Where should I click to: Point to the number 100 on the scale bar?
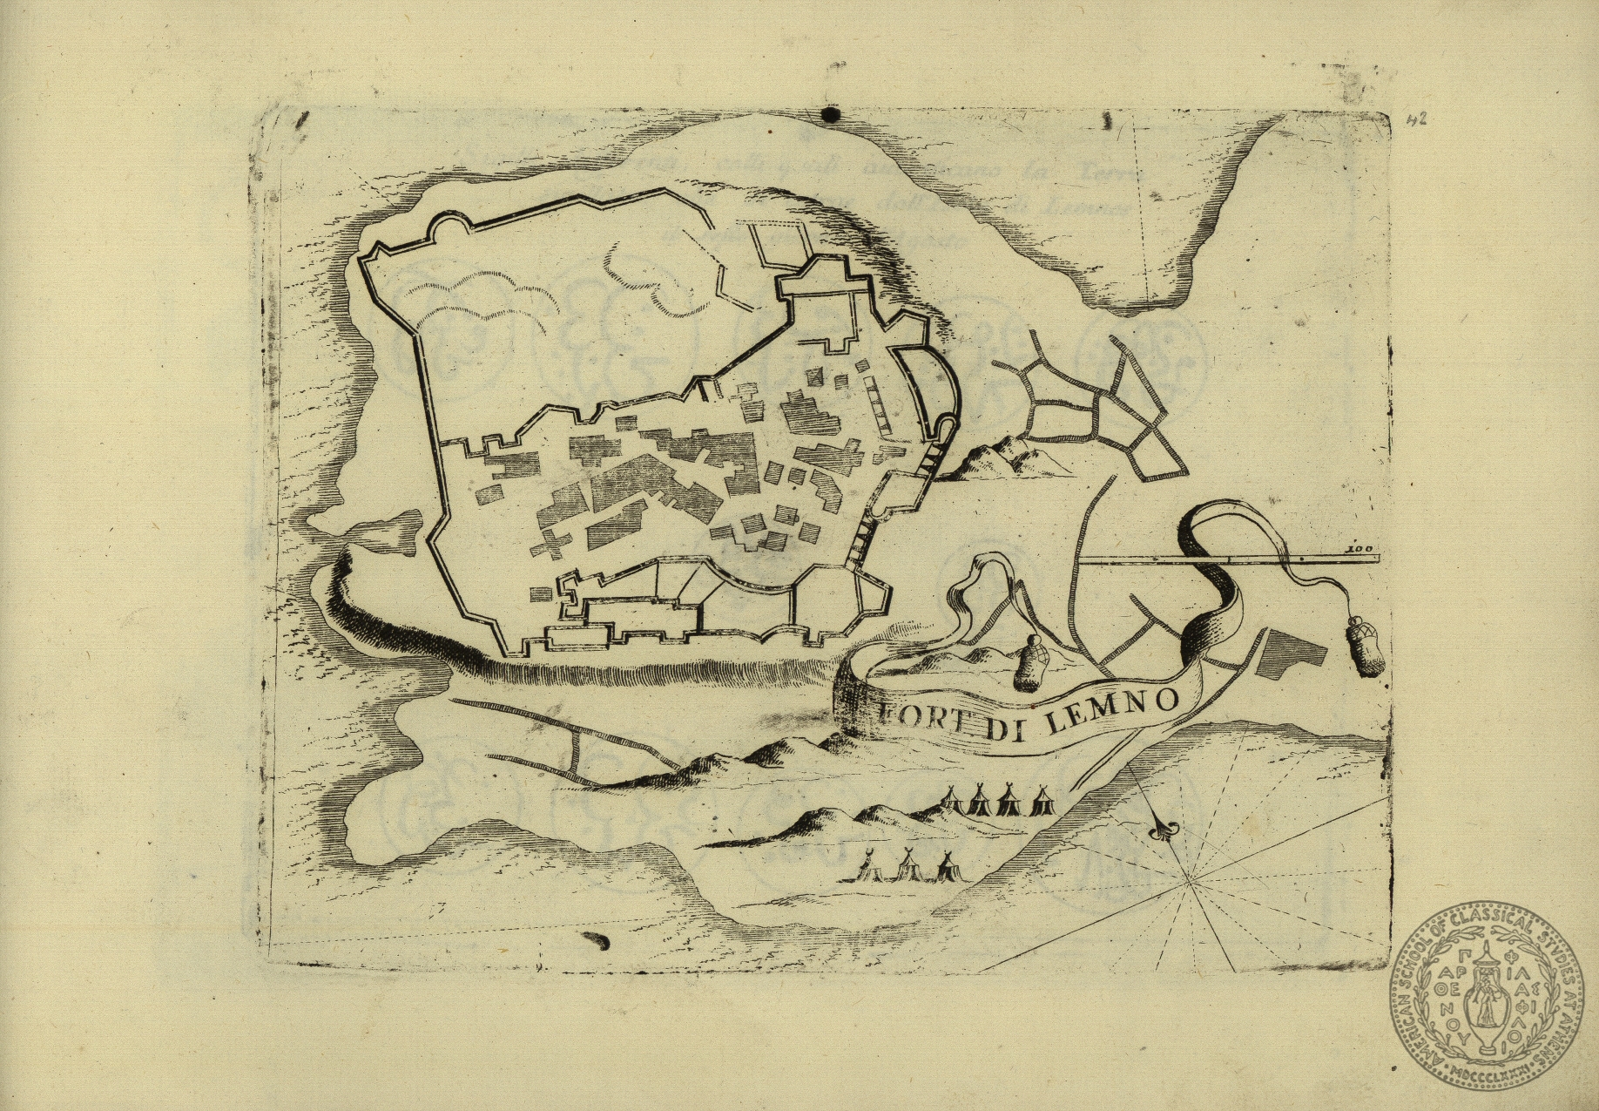[x=1358, y=550]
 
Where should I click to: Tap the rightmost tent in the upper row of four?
[x=1041, y=799]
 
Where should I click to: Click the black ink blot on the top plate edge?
[x=830, y=114]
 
